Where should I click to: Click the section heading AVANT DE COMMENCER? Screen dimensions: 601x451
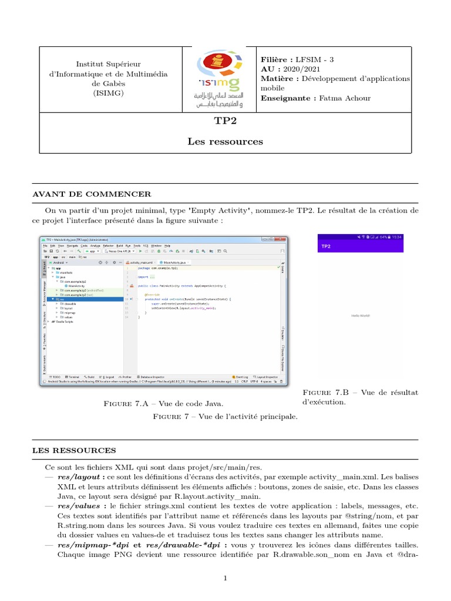pyautogui.click(x=91, y=194)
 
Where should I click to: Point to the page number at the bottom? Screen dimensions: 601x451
pyautogui.click(x=225, y=578)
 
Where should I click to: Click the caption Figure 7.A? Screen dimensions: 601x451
pyautogui.click(x=163, y=404)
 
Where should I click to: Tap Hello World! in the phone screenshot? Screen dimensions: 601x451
pyautogui.click(x=361, y=315)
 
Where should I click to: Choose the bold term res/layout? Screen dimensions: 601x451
pyautogui.click(x=80, y=478)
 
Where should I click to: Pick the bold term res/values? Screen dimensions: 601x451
pyautogui.click(x=80, y=505)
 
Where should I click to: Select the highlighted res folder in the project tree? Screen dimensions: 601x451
pyautogui.click(x=61, y=299)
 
